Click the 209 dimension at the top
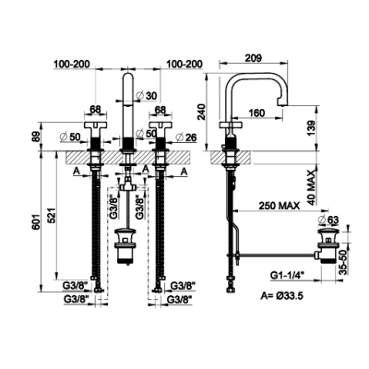254,58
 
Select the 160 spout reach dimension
256,113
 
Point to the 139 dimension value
311,128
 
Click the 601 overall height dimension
37,220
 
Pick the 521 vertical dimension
53,215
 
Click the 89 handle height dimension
37,137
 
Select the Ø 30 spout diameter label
146,96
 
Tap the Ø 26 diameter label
186,137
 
